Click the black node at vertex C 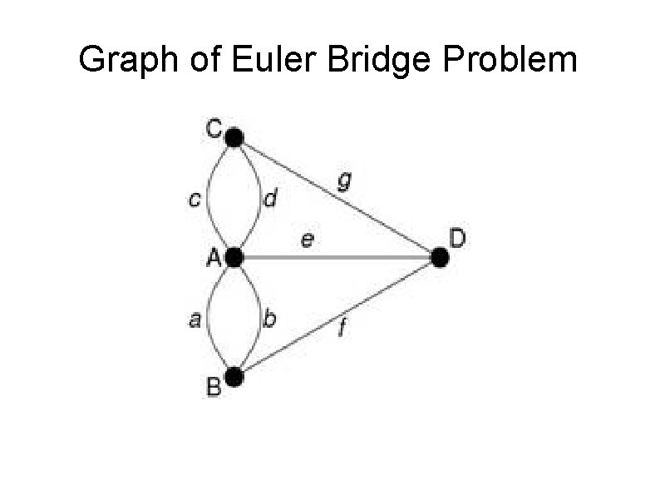234,137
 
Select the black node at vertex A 234,258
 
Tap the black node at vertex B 234,378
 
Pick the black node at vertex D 441,258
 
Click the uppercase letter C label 214,129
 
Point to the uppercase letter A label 214,259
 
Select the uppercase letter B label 214,387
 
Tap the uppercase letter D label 458,240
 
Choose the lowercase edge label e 308,241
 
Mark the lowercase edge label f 342,330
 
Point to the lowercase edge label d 270,200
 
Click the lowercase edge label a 195,319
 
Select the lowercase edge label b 270,319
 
